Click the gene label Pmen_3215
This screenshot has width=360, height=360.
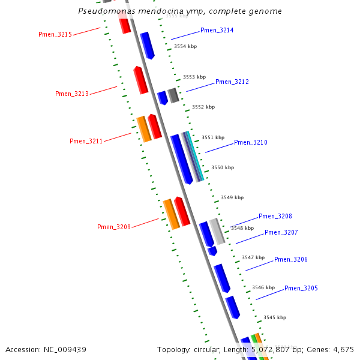pos(55,35)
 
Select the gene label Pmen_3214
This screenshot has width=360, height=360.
pos(217,30)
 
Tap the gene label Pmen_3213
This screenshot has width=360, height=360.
pos(72,94)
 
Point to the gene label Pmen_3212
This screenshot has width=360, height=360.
pos(232,82)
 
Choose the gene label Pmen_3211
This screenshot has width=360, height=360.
pos(86,141)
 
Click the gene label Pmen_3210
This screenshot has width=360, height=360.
pos(251,142)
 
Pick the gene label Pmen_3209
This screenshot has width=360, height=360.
pos(114,227)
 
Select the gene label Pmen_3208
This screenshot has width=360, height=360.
pos(275,216)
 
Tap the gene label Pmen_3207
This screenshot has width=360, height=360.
pos(281,232)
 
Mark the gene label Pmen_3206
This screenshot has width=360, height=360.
pos(291,259)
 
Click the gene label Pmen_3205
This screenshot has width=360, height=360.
pos(301,288)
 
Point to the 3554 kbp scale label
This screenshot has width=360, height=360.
pos(185,46)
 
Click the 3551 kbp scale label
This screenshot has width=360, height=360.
pos(213,137)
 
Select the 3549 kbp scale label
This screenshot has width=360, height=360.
pos(232,197)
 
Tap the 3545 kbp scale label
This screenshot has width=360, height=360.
pos(275,317)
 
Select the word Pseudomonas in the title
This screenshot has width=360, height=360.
pos(106,11)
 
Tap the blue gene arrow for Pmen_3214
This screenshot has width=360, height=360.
pos(148,46)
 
